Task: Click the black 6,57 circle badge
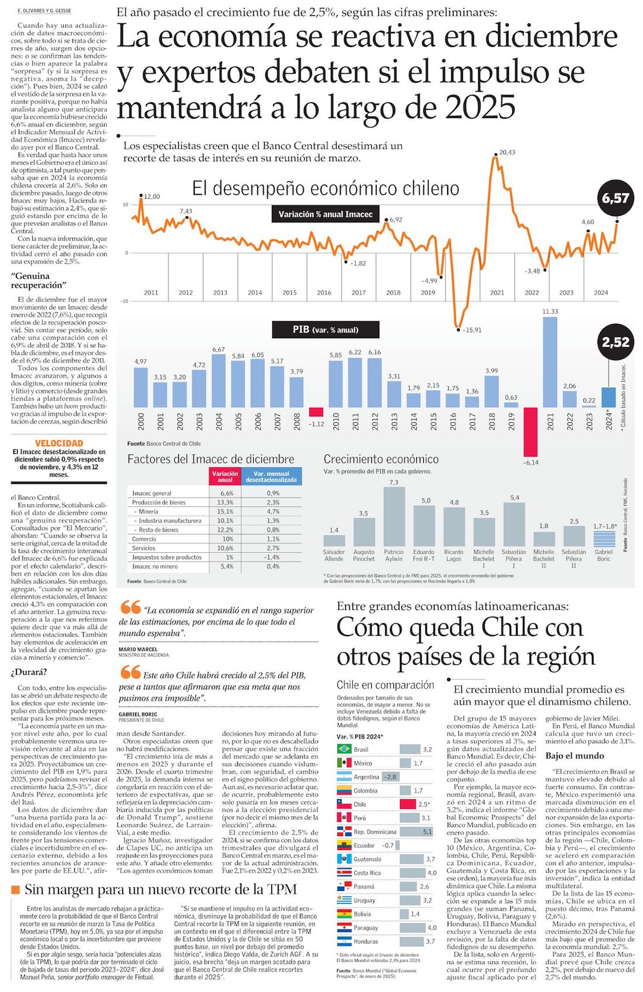pos(616,199)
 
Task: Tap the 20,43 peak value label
pos(507,152)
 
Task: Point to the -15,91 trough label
pos(472,330)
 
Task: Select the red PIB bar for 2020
pos(530,431)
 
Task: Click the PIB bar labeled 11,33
pos(549,362)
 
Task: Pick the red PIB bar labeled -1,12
pos(316,412)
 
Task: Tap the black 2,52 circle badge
pos(616,342)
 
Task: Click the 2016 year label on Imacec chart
pos(324,293)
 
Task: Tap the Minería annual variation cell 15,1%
pos(225,511)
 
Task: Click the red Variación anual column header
pos(225,476)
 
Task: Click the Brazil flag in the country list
pos(344,749)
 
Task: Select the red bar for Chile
pos(411,804)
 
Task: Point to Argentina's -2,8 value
pos(390,777)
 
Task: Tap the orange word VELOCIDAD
pos(59,443)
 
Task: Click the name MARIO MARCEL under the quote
pos(138,649)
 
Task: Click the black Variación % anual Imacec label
pos(325,214)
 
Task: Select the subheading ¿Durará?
pos(29,672)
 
